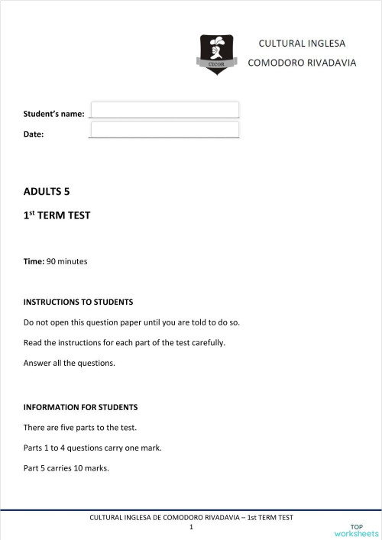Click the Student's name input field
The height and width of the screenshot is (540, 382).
tap(164, 110)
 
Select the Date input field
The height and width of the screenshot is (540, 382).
tap(164, 130)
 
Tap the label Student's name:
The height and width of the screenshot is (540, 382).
tap(53, 114)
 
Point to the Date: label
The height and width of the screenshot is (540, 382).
tap(34, 134)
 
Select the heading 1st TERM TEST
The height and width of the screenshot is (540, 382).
tap(57, 215)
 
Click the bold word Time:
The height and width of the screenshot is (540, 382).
tap(34, 261)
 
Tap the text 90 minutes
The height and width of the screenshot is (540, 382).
tap(67, 261)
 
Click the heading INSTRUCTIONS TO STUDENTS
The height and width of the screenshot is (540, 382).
tap(78, 302)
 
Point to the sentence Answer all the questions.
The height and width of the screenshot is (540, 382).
tap(69, 363)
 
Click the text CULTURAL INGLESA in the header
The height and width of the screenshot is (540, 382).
tap(301, 44)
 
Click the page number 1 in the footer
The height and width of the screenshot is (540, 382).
tap(191, 527)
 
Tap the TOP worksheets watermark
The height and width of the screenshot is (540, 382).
tap(356, 531)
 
